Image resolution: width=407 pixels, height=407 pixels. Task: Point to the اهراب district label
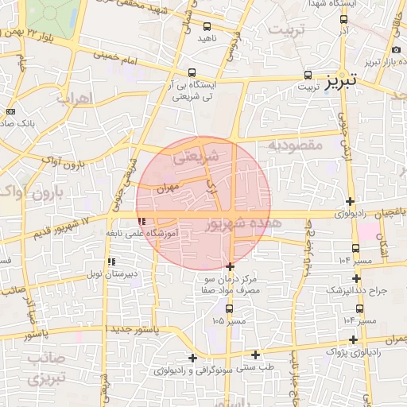click(x=76, y=99)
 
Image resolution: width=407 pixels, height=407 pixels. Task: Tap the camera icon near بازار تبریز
click(x=397, y=50)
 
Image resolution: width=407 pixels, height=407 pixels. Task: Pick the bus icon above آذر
click(x=343, y=17)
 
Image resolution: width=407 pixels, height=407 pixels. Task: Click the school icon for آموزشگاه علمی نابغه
click(x=141, y=222)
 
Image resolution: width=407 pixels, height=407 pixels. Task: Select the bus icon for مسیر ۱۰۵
click(x=229, y=308)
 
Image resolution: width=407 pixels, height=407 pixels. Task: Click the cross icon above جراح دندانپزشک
click(x=356, y=278)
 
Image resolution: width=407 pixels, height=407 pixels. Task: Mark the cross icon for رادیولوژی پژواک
click(x=351, y=339)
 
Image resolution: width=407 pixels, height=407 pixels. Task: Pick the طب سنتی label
click(x=258, y=367)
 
